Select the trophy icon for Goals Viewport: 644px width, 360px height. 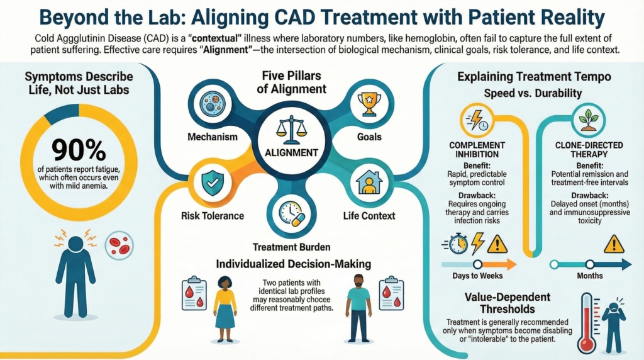tap(369, 107)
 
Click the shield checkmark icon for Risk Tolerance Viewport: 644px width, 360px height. tap(209, 183)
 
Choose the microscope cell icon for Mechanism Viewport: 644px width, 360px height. tap(211, 107)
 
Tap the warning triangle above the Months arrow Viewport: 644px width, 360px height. tap(613, 244)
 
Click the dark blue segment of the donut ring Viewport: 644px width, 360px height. tap(62, 110)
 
